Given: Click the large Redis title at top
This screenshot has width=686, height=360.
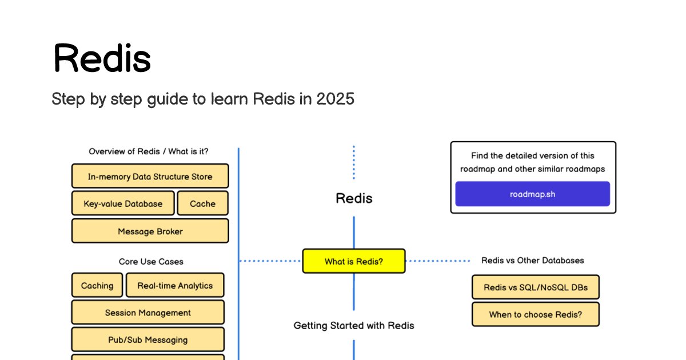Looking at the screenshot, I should point(102,58).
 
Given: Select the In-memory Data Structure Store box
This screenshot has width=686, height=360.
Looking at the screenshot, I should point(150,177).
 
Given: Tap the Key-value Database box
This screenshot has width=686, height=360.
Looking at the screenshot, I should point(123,203).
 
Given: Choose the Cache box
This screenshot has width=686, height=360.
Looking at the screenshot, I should point(202,203).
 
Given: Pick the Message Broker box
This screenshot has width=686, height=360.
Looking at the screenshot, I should point(150,231).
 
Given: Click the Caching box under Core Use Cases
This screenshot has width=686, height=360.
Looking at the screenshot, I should point(97,286).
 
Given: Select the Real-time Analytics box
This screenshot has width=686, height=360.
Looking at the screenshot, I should point(175,286).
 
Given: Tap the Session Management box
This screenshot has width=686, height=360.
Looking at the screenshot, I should point(147,313).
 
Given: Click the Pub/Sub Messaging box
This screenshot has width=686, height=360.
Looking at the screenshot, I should point(147,340).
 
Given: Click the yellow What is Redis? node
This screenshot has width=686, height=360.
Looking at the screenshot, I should point(353,262).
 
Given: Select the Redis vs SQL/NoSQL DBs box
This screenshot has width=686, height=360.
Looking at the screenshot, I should point(535,287).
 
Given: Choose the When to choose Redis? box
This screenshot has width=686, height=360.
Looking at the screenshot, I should point(535,314).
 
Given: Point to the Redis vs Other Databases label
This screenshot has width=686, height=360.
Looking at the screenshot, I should point(532,261).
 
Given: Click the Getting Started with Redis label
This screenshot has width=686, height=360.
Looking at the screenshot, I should point(353,326).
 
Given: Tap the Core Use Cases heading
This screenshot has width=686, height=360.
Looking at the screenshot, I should point(151,262).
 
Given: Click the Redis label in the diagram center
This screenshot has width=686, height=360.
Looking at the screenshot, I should point(353,199).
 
